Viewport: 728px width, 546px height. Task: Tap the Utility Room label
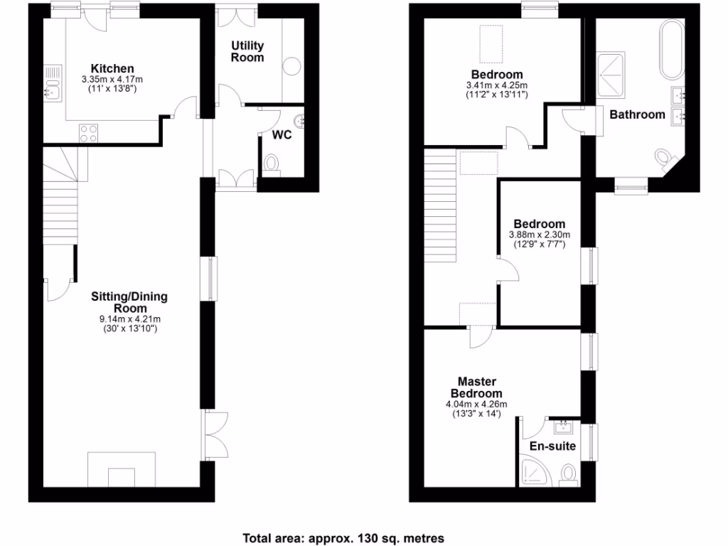pyautogui.click(x=247, y=52)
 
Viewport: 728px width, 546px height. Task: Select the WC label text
pyautogui.click(x=282, y=135)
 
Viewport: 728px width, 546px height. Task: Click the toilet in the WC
pyautogui.click(x=272, y=164)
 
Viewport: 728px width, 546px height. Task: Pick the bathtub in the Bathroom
pyautogui.click(x=672, y=50)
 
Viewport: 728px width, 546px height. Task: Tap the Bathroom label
pyautogui.click(x=637, y=114)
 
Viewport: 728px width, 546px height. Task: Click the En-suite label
pyautogui.click(x=552, y=446)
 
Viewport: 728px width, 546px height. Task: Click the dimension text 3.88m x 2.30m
pyautogui.click(x=540, y=235)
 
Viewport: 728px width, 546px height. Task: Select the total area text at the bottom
pyautogui.click(x=343, y=537)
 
